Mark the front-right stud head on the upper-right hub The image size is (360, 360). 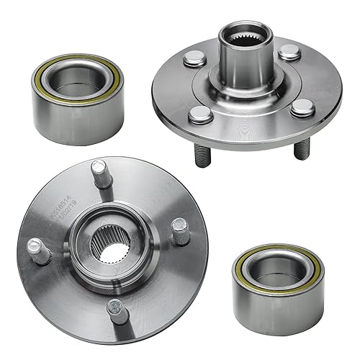pos(299,108)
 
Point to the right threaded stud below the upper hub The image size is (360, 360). pos(302,147)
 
